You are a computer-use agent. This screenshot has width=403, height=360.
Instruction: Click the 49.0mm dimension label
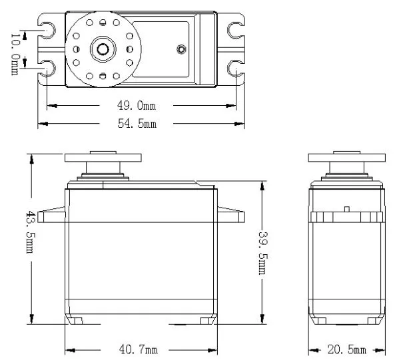(137, 106)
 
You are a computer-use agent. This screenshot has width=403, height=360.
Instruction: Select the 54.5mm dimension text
(137, 124)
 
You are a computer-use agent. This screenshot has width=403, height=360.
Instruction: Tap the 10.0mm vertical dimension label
(15, 54)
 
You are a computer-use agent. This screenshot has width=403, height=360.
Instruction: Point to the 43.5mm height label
(30, 232)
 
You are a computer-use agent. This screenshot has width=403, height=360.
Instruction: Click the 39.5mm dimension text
(263, 253)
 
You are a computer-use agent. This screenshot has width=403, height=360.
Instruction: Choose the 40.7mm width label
(139, 349)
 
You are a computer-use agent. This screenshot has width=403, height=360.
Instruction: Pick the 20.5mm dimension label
(347, 349)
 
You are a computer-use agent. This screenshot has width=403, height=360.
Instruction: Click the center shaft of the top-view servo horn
(103, 49)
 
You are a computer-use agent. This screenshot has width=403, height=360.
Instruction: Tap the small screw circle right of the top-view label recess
(181, 49)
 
